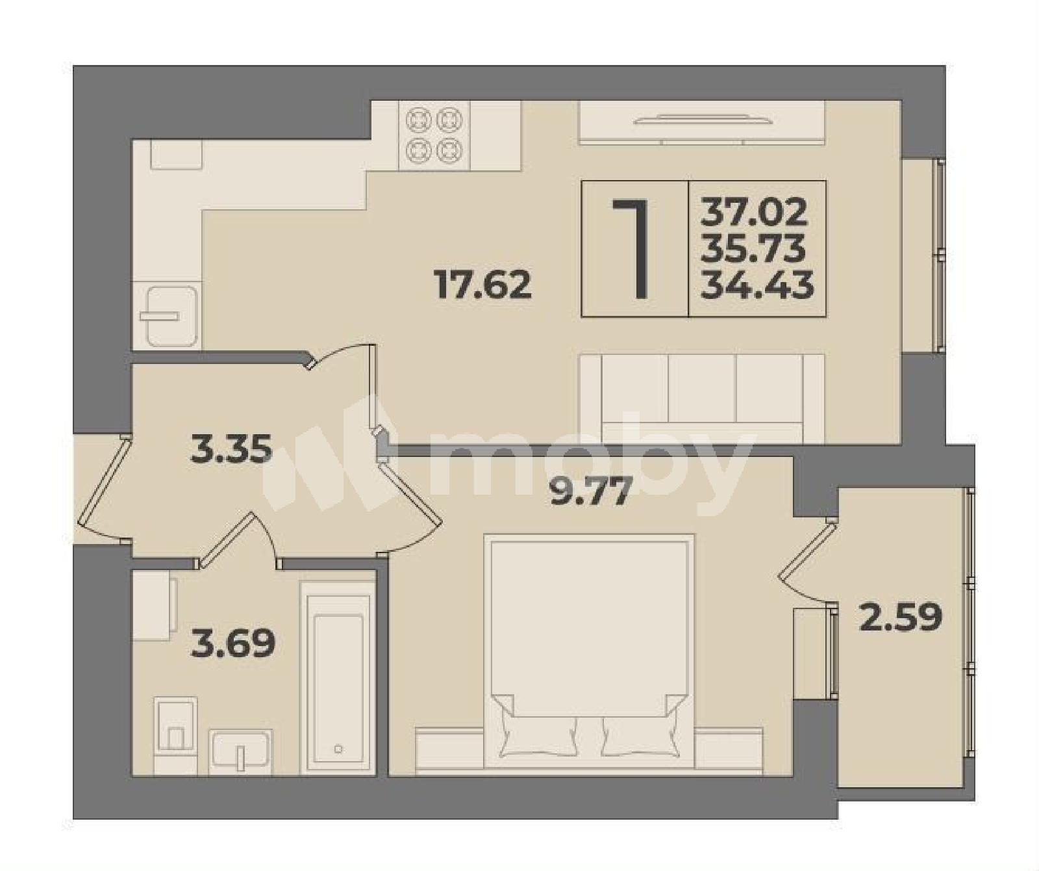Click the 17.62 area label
(483, 285)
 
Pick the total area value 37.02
(755, 212)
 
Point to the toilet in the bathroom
(175, 735)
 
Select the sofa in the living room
(702, 398)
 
